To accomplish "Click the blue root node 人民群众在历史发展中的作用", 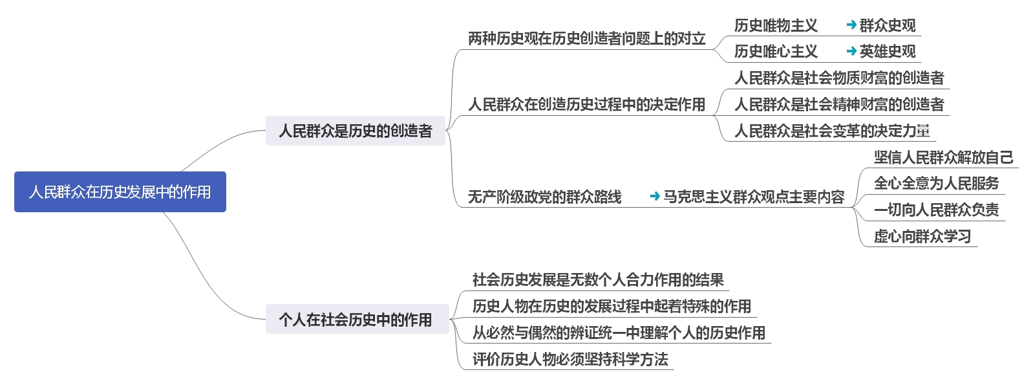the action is (x=120, y=191).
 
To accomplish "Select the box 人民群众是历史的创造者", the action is (x=355, y=131).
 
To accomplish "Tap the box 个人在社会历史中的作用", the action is (x=356, y=320).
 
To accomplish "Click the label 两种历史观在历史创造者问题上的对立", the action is (x=586, y=39).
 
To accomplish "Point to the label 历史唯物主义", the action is (x=776, y=26).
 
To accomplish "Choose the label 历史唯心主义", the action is (x=776, y=52).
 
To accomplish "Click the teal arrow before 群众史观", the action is (x=851, y=26).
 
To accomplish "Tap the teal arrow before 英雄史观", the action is (x=851, y=51).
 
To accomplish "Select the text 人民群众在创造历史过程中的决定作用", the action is (x=586, y=104).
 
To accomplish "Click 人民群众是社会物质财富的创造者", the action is (x=839, y=78).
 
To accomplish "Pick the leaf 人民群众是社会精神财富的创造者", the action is (x=839, y=105).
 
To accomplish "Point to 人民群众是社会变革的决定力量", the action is (x=832, y=131).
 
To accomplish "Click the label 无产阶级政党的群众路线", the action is (x=544, y=197).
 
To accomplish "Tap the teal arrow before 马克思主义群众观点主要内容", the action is (x=655, y=196).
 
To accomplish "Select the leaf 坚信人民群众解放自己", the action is (x=943, y=157).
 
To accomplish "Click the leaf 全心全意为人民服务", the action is (x=936, y=184).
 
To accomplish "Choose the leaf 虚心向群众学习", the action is (x=922, y=237).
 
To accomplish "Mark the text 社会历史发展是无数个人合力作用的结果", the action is (x=598, y=280).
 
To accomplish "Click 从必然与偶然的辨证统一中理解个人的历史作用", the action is (x=619, y=333).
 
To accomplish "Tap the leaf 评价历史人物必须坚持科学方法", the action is (x=570, y=360).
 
